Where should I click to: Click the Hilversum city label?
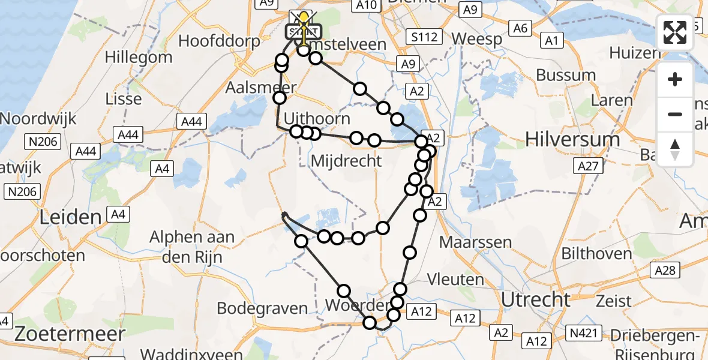click(x=572, y=140)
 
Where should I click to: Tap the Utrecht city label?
click(x=536, y=299)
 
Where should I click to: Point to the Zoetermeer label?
click(x=70, y=334)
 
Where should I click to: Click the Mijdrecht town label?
click(x=346, y=161)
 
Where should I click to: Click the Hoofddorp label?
click(x=219, y=41)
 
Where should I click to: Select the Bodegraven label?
click(x=263, y=308)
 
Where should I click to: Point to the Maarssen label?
click(x=476, y=242)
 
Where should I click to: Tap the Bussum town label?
click(x=566, y=76)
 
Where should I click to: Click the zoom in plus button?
click(x=675, y=79)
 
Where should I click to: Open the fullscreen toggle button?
click(x=675, y=32)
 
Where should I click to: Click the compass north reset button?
click(x=675, y=149)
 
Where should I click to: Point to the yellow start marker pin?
click(x=305, y=18)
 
